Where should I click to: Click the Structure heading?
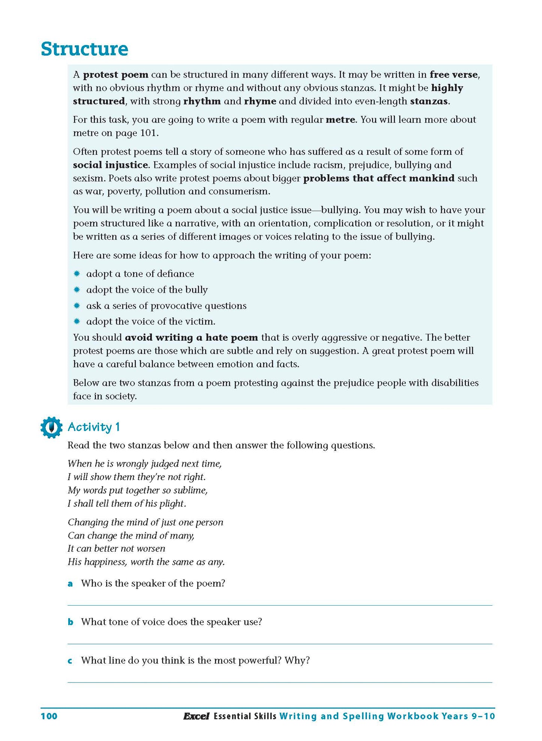click(x=84, y=49)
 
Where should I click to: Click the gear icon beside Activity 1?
click(x=51, y=427)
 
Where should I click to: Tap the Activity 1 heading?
click(x=94, y=427)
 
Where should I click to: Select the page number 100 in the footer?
click(x=49, y=716)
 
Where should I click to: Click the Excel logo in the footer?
click(x=196, y=716)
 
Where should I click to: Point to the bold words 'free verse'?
click(x=454, y=75)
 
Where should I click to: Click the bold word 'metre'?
click(x=340, y=120)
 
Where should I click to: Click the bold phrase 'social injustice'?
click(x=110, y=165)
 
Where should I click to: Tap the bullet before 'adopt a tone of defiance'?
click(x=77, y=274)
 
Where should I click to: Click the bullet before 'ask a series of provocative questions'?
click(x=77, y=305)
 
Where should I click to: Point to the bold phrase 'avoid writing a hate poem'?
click(x=191, y=337)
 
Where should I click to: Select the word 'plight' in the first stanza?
click(x=172, y=503)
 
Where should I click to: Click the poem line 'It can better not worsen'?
click(x=116, y=549)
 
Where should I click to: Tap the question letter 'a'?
click(x=70, y=584)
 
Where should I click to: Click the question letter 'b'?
click(x=70, y=622)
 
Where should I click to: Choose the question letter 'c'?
click(x=70, y=661)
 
